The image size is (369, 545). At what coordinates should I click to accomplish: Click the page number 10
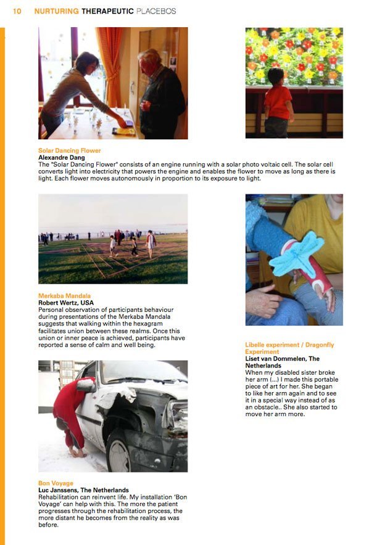pyautogui.click(x=17, y=11)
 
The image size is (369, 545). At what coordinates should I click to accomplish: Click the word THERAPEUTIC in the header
pyautogui.click(x=107, y=11)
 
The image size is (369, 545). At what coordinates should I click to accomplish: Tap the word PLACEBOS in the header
pyautogui.click(x=156, y=11)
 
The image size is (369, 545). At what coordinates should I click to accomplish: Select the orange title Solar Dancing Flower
pyautogui.click(x=70, y=150)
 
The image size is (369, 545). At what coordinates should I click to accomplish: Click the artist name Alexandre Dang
pyautogui.click(x=62, y=157)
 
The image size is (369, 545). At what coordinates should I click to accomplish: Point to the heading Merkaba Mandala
pyautogui.click(x=64, y=296)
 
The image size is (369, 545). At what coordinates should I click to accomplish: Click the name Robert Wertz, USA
pyautogui.click(x=66, y=303)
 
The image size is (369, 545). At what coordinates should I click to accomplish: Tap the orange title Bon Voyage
pyautogui.click(x=56, y=483)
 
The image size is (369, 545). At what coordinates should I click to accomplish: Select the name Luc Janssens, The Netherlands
pyautogui.click(x=83, y=490)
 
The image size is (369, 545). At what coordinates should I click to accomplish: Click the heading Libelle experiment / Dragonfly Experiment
pyautogui.click(x=289, y=348)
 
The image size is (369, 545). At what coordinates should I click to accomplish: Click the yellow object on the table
pyautogui.click(x=124, y=131)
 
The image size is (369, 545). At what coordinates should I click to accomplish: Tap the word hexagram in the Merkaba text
pyautogui.click(x=149, y=324)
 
